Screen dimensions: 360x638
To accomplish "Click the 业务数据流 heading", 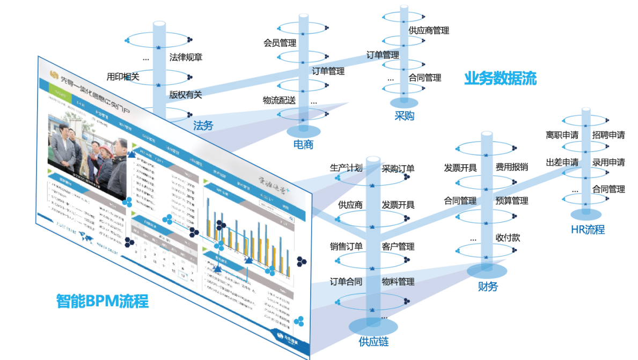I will (500, 79).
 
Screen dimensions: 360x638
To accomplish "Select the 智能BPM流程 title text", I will (102, 300).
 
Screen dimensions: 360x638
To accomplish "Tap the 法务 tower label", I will (203, 126).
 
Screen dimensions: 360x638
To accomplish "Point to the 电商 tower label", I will (303, 144).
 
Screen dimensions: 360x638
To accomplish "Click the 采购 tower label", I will (404, 115).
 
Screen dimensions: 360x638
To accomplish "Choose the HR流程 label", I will (588, 230).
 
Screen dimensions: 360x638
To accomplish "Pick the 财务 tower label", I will (488, 286).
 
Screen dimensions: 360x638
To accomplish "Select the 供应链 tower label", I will (373, 341).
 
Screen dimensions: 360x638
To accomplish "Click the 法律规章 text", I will (186, 57).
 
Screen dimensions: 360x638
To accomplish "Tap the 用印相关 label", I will (123, 77).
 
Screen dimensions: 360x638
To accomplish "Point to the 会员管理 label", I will (280, 42).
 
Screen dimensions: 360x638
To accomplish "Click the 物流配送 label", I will (279, 100).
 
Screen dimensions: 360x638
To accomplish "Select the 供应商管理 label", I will (429, 31).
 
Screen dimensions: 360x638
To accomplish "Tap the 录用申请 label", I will (608, 162).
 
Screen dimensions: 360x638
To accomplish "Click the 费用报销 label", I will (512, 168).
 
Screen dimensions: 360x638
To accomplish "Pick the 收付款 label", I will (508, 237).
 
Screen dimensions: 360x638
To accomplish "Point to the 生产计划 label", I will (346, 168).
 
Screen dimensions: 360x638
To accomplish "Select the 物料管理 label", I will (398, 282).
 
